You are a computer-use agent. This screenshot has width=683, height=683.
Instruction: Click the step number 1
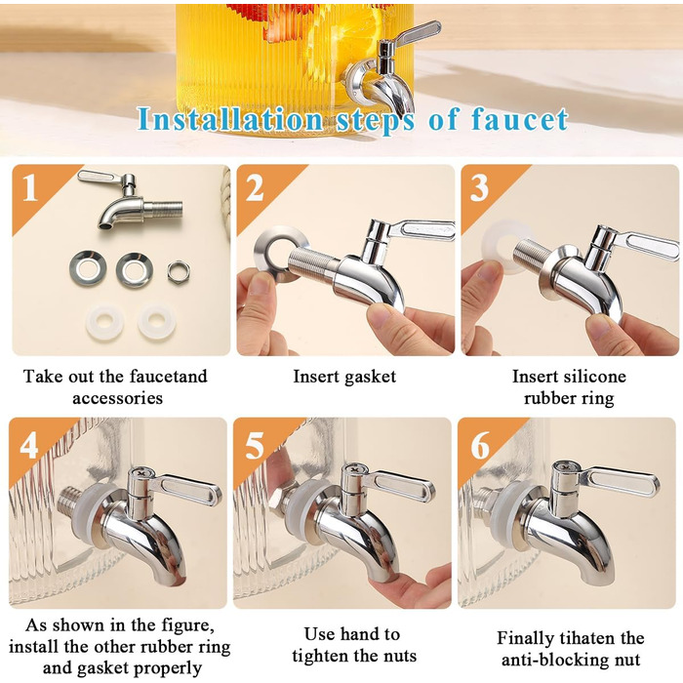pyautogui.click(x=29, y=187)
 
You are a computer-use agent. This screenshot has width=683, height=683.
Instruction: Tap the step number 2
pyautogui.click(x=255, y=187)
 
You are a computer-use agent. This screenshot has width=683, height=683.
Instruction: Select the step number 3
pyautogui.click(x=479, y=187)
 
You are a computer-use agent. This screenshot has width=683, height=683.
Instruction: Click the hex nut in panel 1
pyautogui.click(x=179, y=270)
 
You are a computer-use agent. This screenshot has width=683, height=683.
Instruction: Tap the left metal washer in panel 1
pyautogui.click(x=88, y=268)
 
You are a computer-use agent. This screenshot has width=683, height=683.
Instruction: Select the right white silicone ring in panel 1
pyautogui.click(x=157, y=322)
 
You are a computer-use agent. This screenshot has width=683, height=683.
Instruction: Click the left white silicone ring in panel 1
pyautogui.click(x=104, y=323)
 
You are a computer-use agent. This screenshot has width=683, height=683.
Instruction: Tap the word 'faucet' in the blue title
pyautogui.click(x=520, y=119)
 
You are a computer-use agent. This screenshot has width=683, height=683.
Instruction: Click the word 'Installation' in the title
pyautogui.click(x=230, y=119)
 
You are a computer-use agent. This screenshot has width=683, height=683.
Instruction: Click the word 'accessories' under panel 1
pyautogui.click(x=118, y=398)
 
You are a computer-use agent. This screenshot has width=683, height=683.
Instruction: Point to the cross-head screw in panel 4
pyautogui.click(x=141, y=471)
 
